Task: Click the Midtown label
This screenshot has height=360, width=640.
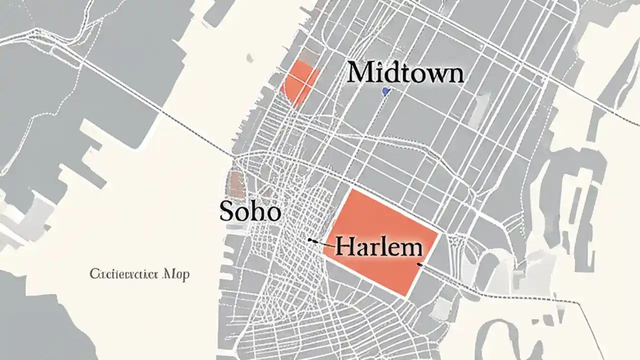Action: (405, 73)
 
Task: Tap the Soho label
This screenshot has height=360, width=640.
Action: (250, 212)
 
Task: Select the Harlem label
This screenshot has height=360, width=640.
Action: (378, 246)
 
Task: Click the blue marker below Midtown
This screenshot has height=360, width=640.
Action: (385, 91)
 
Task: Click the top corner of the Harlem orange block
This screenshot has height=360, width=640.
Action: (353, 189)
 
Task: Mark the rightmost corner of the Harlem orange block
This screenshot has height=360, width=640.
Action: (438, 232)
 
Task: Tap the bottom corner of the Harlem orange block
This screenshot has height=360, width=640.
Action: (407, 296)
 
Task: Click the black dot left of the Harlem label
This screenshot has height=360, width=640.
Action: (310, 240)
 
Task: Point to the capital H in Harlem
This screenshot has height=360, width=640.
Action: (344, 246)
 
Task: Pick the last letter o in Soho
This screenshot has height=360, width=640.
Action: (272, 213)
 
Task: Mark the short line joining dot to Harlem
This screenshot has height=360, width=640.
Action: (324, 244)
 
